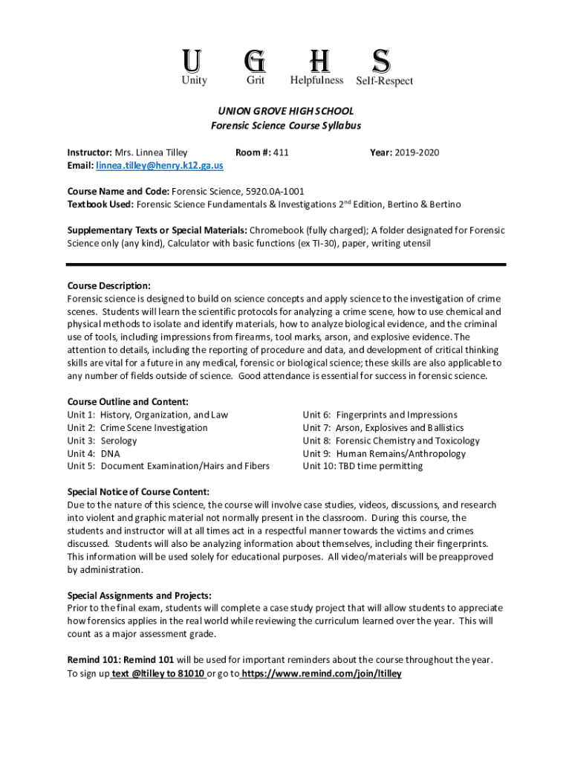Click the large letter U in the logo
click(194, 59)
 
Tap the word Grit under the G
click(256, 80)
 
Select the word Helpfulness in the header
click(316, 80)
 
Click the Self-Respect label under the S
click(384, 81)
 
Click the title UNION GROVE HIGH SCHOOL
click(286, 111)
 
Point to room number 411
click(280, 152)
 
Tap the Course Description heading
click(109, 286)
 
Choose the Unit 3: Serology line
click(102, 441)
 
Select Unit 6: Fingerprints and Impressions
click(380, 415)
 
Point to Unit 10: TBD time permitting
click(363, 466)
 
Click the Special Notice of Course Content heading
click(138, 492)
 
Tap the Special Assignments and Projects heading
click(140, 595)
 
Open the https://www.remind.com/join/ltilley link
click(321, 673)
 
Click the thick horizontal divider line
click(286, 264)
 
